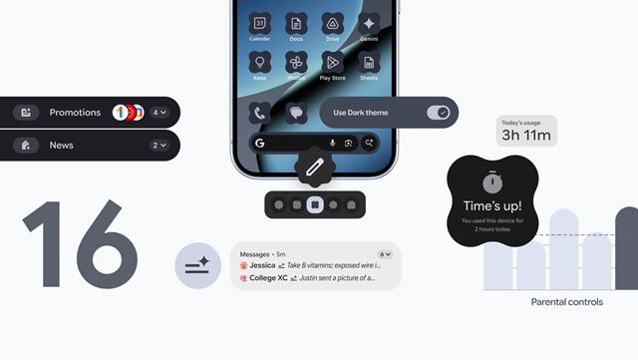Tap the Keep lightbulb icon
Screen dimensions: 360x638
pos(259,62)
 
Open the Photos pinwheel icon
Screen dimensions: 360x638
pos(296,62)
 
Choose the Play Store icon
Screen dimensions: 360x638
pos(332,62)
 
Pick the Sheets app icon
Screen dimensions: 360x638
pos(369,62)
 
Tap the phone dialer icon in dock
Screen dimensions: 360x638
pos(259,113)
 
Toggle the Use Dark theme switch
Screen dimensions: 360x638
pos(438,113)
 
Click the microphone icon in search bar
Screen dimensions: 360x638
pos(332,144)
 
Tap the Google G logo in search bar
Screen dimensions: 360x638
pos(259,144)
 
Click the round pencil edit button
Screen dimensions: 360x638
pos(314,167)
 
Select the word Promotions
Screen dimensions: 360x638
pos(75,113)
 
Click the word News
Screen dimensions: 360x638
pos(61,146)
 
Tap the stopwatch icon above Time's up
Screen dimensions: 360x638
pos(491,183)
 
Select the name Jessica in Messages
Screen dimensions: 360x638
pos(263,266)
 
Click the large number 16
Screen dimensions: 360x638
pos(80,244)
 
